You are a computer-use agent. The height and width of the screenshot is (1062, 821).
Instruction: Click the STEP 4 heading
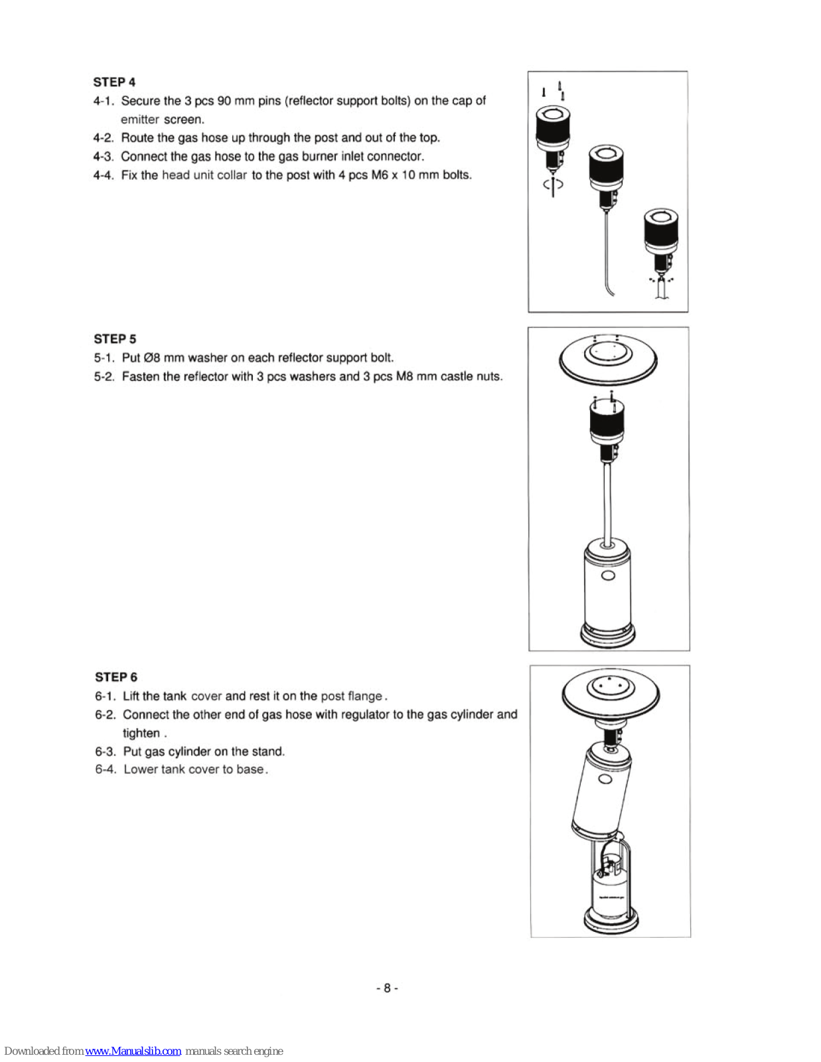(114, 82)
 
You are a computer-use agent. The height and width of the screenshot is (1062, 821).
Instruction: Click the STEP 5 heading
(115, 339)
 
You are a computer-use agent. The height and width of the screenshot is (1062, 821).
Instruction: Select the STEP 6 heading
(116, 677)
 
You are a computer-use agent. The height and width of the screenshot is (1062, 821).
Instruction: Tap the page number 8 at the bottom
(387, 988)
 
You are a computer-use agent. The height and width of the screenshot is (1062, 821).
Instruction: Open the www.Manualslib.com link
(133, 1051)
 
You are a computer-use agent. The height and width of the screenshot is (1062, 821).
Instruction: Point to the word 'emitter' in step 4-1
(139, 119)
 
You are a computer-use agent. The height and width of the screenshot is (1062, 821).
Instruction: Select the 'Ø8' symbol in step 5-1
(152, 358)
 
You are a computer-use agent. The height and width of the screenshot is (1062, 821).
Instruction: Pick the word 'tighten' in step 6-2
(141, 733)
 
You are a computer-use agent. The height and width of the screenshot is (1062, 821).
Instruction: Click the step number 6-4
(106, 770)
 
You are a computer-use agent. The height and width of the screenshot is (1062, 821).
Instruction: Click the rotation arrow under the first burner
(553, 185)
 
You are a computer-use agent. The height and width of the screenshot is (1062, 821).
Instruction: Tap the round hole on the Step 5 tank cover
(608, 575)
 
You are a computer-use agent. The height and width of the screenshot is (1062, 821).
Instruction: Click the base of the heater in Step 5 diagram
(608, 635)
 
